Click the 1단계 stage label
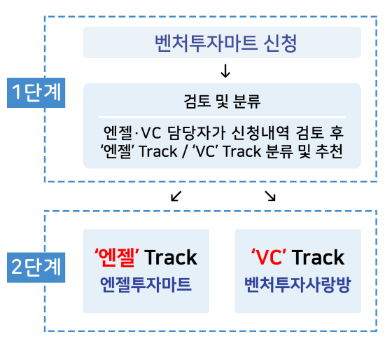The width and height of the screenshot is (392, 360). (36, 92)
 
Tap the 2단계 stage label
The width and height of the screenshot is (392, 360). (36, 268)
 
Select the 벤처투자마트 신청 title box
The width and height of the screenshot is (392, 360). (222, 42)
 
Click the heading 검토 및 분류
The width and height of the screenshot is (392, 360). (222, 102)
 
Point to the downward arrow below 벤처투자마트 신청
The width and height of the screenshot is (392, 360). (225, 71)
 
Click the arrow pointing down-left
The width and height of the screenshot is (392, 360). (176, 196)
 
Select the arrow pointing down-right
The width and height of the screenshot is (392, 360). (270, 196)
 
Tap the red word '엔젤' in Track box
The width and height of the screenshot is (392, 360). (117, 257)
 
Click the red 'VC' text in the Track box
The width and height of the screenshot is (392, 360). (269, 257)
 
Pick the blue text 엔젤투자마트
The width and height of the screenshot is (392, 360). (146, 284)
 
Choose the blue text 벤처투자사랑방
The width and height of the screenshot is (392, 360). (297, 284)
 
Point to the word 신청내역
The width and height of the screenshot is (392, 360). (260, 132)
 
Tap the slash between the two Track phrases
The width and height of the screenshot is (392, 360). (185, 151)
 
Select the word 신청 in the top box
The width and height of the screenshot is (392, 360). (281, 43)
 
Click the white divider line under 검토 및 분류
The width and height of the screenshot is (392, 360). (223, 117)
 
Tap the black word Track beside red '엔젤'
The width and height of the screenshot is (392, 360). (171, 258)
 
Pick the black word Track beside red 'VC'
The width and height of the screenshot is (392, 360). (318, 258)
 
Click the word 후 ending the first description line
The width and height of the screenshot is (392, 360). (337, 132)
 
